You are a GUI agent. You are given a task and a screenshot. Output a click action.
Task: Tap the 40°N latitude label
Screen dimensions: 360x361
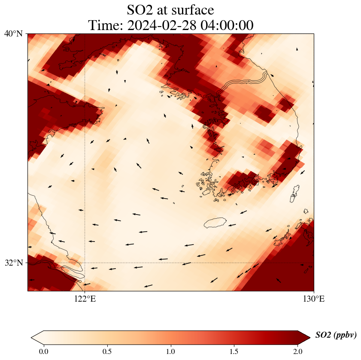pyautogui.click(x=13, y=34)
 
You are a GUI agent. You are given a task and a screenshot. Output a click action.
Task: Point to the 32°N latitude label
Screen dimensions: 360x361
pyautogui.click(x=13, y=263)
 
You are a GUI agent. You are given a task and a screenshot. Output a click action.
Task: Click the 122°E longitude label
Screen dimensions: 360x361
pyautogui.click(x=85, y=299)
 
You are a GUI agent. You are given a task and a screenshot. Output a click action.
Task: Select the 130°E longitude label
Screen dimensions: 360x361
pyautogui.click(x=314, y=299)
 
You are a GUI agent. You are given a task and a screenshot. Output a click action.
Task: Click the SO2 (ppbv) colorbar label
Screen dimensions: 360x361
pyautogui.click(x=336, y=335)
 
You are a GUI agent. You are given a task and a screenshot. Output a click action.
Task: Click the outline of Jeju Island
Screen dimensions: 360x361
pyautogui.click(x=215, y=223)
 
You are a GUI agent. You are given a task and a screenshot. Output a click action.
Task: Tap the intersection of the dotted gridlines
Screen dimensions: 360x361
pyautogui.click(x=85, y=263)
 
